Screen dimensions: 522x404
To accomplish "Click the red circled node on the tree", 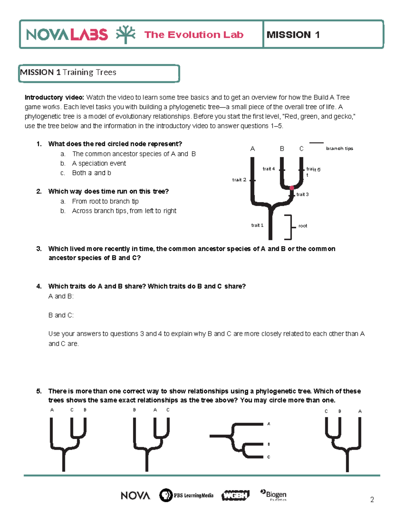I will [x=292, y=188].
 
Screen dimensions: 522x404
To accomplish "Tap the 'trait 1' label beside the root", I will [x=257, y=225].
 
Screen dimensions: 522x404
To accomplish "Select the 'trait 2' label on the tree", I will [x=239, y=180].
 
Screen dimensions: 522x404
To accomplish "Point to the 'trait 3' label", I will [x=302, y=194].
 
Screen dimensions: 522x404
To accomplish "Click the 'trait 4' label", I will [x=269, y=169].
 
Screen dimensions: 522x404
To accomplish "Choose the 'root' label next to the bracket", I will [x=303, y=226].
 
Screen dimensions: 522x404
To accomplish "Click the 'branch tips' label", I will [x=339, y=148].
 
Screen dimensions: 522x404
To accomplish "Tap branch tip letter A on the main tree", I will [x=252, y=149].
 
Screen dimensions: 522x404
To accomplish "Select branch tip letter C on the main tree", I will [x=301, y=149].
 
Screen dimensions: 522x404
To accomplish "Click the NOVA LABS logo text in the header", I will [x=67, y=35].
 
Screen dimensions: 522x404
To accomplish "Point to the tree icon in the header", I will [x=126, y=34].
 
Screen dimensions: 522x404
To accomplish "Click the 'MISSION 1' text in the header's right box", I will [x=293, y=35].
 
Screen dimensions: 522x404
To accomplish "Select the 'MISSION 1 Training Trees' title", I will [x=68, y=72].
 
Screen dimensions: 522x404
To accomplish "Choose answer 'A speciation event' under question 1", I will [x=99, y=163].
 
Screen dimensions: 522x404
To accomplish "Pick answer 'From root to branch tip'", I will [x=105, y=201].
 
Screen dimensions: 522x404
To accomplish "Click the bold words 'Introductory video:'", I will [x=54, y=97].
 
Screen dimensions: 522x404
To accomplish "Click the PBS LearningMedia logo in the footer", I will [x=186, y=495].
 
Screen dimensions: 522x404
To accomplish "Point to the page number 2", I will [x=372, y=500].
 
